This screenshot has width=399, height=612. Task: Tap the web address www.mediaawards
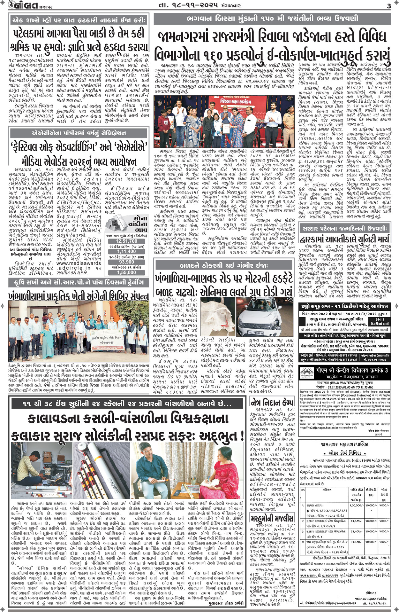pos(79,263)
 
